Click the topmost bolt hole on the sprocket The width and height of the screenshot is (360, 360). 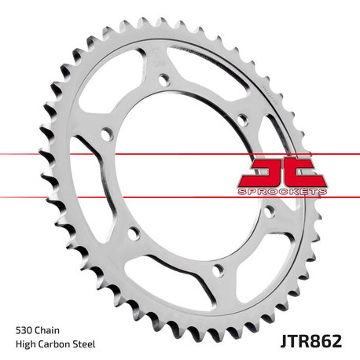tap(164, 79)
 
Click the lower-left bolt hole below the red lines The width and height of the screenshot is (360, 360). tap(133, 232)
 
